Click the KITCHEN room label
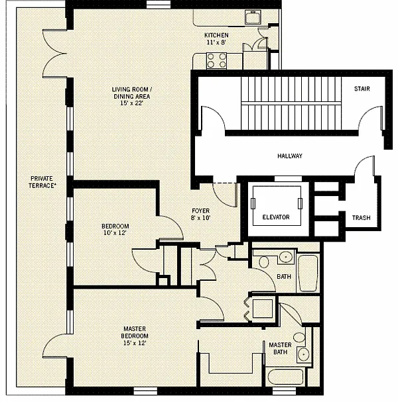216,35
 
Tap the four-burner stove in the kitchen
216,60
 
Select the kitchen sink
253,17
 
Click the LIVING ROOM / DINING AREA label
132,93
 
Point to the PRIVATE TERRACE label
42,182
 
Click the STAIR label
362,89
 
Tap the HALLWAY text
290,156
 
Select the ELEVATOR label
276,217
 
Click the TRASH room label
361,218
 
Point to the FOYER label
200,211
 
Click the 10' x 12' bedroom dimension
115,233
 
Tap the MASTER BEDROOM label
135,332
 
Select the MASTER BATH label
280,348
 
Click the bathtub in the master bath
285,377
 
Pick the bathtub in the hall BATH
308,273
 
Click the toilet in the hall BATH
263,262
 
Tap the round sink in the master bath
304,354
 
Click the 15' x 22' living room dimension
131,103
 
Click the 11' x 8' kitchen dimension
216,42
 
